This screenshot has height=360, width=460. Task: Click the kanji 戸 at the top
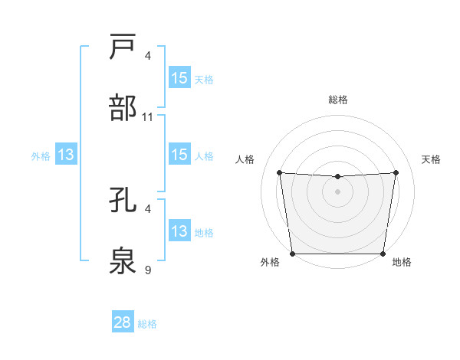pyautogui.click(x=124, y=47)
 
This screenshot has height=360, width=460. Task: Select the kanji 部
pyautogui.click(x=124, y=108)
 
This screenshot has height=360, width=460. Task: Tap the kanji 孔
pyautogui.click(x=124, y=199)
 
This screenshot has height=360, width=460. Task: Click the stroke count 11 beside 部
pyautogui.click(x=148, y=117)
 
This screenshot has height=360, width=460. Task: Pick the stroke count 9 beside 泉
pyautogui.click(x=148, y=270)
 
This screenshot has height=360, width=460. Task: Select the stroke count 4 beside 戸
pyautogui.click(x=148, y=56)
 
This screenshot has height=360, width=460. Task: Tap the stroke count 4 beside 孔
pyautogui.click(x=148, y=208)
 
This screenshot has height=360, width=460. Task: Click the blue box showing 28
pyautogui.click(x=123, y=322)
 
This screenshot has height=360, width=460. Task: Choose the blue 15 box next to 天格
pyautogui.click(x=179, y=78)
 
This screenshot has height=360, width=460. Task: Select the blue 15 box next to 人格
pyautogui.click(x=179, y=155)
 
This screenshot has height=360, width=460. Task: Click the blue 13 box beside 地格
pyautogui.click(x=179, y=231)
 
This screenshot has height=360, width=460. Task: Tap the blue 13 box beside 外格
pyautogui.click(x=66, y=155)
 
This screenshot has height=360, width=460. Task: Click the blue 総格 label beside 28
pyautogui.click(x=147, y=324)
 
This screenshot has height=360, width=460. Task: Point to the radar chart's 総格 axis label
pyautogui.click(x=338, y=100)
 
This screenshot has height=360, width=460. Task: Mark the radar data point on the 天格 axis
pyautogui.click(x=396, y=172)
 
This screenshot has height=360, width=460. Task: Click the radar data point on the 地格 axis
pyautogui.click(x=383, y=254)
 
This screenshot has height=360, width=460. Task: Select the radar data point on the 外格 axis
pyautogui.click(x=293, y=254)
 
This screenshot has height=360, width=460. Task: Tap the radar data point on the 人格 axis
pyautogui.click(x=279, y=172)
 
